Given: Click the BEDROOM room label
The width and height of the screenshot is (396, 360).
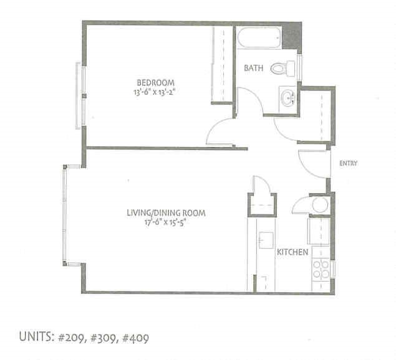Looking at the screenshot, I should [155, 83].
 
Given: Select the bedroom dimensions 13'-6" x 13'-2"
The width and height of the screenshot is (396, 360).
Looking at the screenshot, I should [155, 93].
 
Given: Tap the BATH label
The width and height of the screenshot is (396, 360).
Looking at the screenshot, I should [253, 68].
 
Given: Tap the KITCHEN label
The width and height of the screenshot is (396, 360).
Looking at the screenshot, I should [293, 253].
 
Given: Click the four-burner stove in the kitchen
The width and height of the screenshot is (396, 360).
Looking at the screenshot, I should [321, 269].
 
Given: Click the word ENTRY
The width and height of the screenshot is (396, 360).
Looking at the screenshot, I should [347, 164].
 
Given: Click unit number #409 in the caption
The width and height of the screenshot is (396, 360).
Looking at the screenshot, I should [132, 339].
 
